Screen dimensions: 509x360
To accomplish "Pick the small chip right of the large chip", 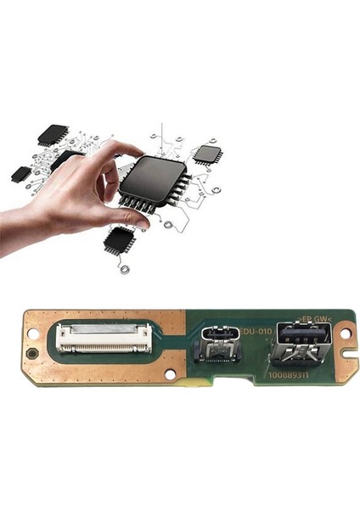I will coord(207,154).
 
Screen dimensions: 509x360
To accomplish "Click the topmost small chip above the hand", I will coord(53,134).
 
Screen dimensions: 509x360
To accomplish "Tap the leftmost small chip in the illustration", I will coord(21,174).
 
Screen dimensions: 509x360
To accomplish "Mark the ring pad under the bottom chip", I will coord(126,270).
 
